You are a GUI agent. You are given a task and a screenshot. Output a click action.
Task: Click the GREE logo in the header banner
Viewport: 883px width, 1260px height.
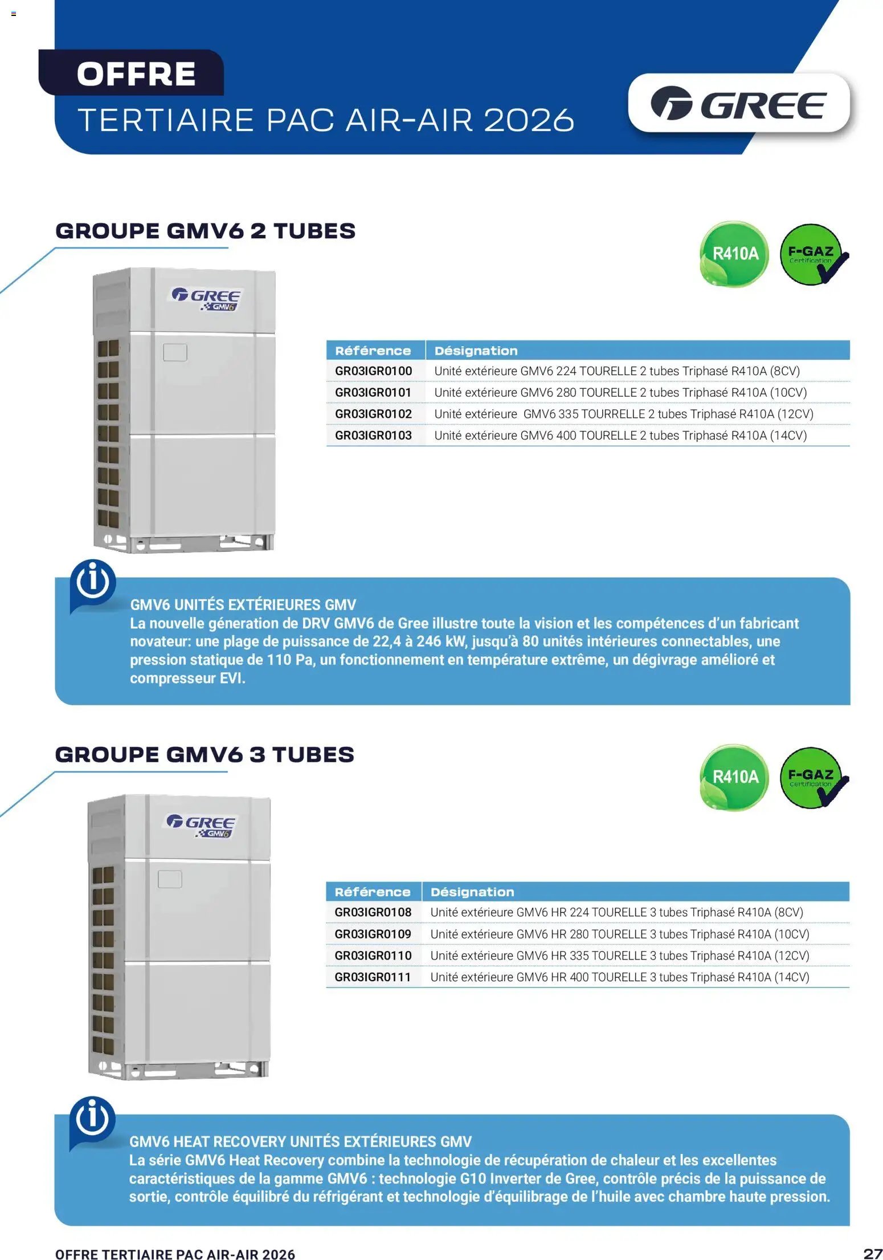[738, 104]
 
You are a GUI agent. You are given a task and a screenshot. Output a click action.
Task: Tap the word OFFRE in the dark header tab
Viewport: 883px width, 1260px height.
[137, 74]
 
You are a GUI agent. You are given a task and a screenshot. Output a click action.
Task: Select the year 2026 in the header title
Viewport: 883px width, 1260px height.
[529, 120]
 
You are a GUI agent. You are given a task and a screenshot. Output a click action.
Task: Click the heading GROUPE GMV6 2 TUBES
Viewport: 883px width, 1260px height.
[206, 231]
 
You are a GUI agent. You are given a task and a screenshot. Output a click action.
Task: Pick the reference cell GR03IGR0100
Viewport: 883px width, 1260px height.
[374, 371]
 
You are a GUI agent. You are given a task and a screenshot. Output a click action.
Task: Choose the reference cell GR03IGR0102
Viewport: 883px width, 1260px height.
[374, 414]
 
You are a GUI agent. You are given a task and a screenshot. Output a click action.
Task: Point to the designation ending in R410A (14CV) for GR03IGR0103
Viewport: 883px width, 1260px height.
[620, 436]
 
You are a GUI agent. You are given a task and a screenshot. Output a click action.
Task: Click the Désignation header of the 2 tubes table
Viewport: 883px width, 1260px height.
[476, 351]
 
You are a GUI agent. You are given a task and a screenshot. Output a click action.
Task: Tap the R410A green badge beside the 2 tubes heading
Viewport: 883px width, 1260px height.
[735, 254]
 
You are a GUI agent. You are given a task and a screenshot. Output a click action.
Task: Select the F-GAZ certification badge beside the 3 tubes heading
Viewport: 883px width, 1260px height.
[813, 778]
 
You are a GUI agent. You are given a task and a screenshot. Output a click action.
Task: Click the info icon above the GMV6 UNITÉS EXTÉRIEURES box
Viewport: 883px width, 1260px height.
[92, 583]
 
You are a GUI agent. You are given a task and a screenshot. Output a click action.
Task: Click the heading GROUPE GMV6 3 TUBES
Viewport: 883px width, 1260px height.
[205, 754]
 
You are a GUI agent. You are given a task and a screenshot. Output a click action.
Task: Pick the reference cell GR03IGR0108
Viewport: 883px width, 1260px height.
[373, 912]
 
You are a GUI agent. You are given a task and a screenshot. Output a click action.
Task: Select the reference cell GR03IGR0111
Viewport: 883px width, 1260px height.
[373, 977]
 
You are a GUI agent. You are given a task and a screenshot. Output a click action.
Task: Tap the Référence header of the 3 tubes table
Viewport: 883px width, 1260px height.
[373, 892]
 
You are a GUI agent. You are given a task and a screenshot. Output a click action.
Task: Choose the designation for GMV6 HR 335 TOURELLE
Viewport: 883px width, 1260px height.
[620, 956]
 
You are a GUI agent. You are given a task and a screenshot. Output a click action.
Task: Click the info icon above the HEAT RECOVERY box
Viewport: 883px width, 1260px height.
[92, 1119]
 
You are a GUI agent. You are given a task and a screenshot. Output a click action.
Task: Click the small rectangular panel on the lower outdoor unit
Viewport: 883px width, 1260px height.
[170, 879]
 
